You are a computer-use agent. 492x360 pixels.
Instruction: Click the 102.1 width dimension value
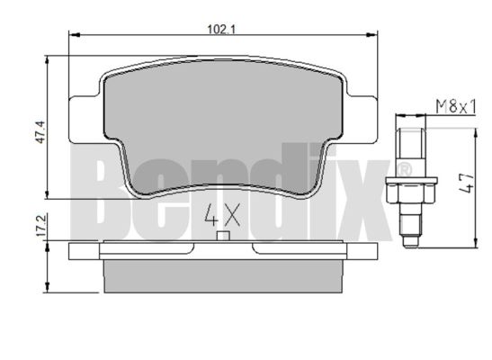pyautogui.click(x=221, y=30)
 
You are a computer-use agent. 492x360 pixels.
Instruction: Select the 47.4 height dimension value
pyautogui.click(x=40, y=132)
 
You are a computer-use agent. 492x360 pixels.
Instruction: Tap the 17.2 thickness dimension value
pyautogui.click(x=41, y=225)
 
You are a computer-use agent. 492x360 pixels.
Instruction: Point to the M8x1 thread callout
pyautogui.click(x=456, y=107)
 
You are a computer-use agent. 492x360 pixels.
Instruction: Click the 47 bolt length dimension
pyautogui.click(x=467, y=184)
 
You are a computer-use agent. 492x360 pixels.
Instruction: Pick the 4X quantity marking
pyautogui.click(x=222, y=215)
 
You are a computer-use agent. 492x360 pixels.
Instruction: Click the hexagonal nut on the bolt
pyautogui.click(x=411, y=191)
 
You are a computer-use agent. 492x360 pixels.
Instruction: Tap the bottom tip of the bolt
pyautogui.click(x=411, y=247)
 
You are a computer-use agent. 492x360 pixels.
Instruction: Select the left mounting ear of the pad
pyautogui.click(x=85, y=120)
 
